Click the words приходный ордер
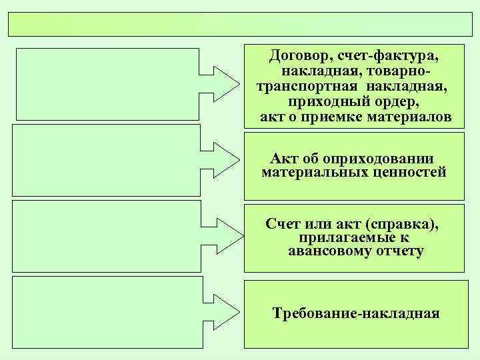(356, 102)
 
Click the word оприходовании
(377, 159)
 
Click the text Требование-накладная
(356, 313)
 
